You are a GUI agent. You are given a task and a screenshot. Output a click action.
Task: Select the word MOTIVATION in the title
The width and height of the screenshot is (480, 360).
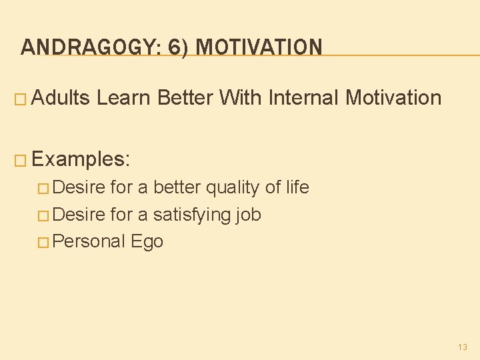click(x=260, y=47)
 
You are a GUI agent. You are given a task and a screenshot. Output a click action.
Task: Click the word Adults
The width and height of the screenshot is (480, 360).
click(x=61, y=98)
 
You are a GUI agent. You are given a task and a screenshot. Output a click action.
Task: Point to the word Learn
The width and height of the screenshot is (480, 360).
click(x=124, y=98)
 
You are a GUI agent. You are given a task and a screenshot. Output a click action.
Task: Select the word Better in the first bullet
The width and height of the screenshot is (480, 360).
click(x=185, y=98)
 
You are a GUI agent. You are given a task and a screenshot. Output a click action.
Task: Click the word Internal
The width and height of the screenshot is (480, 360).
click(x=303, y=98)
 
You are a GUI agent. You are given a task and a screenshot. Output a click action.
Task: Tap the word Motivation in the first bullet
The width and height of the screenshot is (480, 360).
click(x=393, y=98)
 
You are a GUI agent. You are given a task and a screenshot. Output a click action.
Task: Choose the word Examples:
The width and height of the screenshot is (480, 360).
click(x=81, y=159)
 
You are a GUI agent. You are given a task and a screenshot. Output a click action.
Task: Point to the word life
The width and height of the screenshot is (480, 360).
click(x=297, y=188)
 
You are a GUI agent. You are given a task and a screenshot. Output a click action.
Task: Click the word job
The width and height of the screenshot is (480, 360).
click(x=248, y=215)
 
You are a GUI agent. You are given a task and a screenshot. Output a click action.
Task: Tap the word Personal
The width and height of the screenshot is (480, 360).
click(x=89, y=241)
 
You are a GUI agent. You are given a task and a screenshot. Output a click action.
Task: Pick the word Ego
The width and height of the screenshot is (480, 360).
click(x=147, y=241)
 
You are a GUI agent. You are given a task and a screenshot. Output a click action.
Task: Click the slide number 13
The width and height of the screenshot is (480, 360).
click(x=463, y=347)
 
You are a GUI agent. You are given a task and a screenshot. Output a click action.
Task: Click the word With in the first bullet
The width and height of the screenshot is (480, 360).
click(x=241, y=98)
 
